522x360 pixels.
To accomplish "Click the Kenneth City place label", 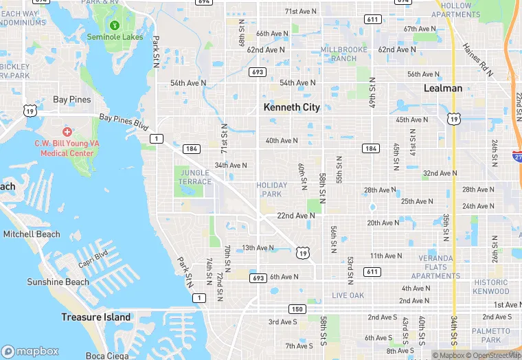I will pos(292,107).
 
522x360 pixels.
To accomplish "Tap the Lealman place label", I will pos(443,88).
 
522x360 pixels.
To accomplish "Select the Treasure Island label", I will pos(95,317).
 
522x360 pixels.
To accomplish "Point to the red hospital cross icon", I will pos(67,131).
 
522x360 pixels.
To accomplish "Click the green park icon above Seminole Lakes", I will pos(124,26).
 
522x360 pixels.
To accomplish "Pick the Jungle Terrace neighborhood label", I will pos(195,177).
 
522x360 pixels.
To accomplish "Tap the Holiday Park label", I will pos(269,190).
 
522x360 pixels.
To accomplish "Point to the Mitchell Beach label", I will pos(32,234).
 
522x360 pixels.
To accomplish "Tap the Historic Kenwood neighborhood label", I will pos(492,286).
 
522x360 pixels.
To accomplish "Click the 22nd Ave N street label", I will pos(296,216).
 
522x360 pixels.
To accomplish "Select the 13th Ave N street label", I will pos(258,248).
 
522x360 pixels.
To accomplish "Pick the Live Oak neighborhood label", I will pos(348,295).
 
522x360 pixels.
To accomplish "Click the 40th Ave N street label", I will pos(282,141).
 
